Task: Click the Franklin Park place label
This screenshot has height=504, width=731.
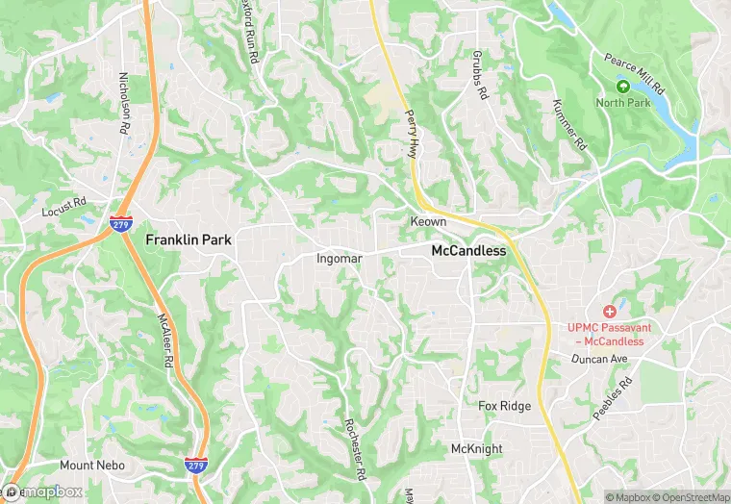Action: pyautogui.click(x=188, y=239)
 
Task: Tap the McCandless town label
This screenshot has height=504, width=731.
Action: pyautogui.click(x=468, y=250)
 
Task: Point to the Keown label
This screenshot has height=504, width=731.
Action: pyautogui.click(x=428, y=222)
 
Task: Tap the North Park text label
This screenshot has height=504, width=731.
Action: pyautogui.click(x=622, y=102)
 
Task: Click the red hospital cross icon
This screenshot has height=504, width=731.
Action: pyautogui.click(x=608, y=312)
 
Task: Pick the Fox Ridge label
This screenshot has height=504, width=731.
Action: pyautogui.click(x=505, y=406)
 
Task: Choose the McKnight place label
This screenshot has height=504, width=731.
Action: pyautogui.click(x=478, y=449)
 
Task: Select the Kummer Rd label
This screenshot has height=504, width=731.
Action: pyautogui.click(x=569, y=124)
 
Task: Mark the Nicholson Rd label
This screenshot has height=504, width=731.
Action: pyautogui.click(x=125, y=103)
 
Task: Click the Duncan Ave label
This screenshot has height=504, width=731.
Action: pyautogui.click(x=598, y=359)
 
